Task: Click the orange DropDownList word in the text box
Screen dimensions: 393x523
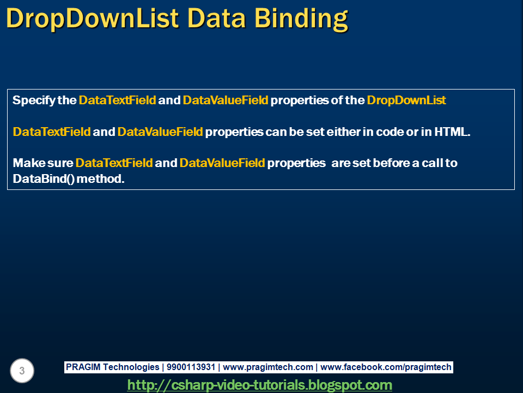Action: point(406,100)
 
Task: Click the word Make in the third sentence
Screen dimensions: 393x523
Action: point(25,163)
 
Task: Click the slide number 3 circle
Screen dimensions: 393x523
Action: point(22,371)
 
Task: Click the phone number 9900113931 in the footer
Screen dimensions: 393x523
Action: point(191,367)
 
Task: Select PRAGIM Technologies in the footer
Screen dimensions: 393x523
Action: point(112,367)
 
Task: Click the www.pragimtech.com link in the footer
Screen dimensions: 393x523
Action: point(268,367)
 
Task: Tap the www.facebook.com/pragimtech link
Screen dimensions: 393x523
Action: point(386,367)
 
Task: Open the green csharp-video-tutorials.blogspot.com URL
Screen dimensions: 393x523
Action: point(259,385)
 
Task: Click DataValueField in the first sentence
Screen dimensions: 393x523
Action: point(226,100)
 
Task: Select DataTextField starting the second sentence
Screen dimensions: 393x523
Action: point(51,132)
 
